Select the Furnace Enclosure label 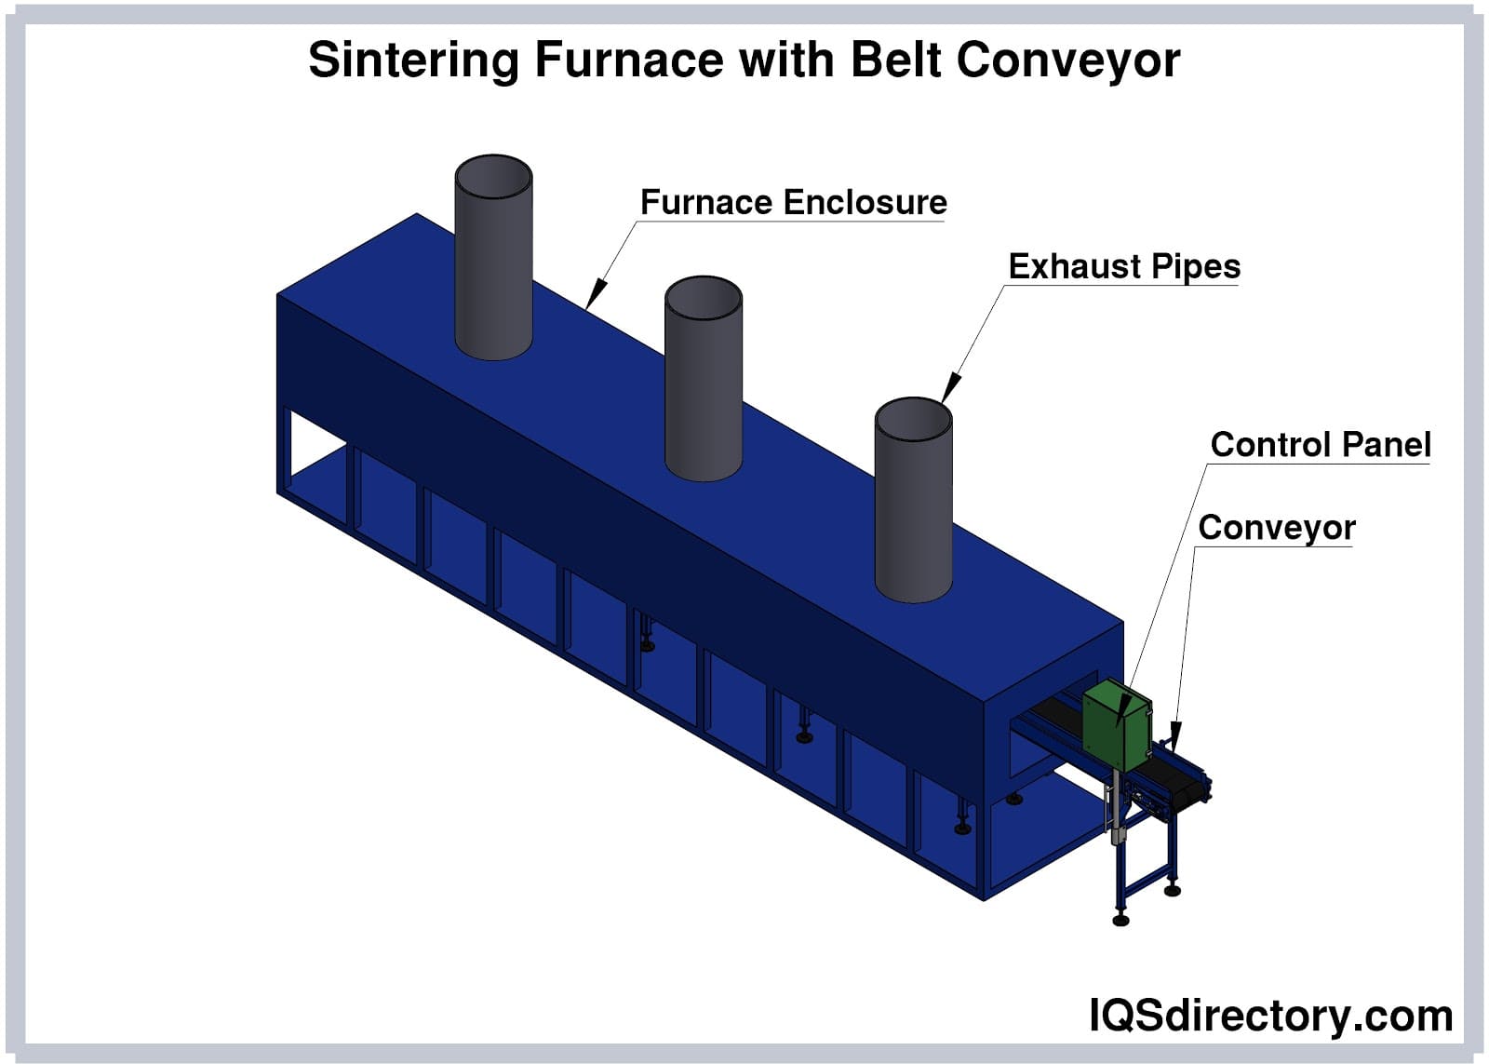(x=793, y=203)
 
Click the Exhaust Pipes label (x=1124, y=267)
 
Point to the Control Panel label (x=1320, y=445)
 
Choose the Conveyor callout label (x=1276, y=528)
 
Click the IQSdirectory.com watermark (x=1270, y=1016)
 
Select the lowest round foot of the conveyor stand (x=1120, y=921)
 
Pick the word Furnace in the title (x=628, y=61)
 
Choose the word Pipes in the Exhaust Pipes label (x=1195, y=267)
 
